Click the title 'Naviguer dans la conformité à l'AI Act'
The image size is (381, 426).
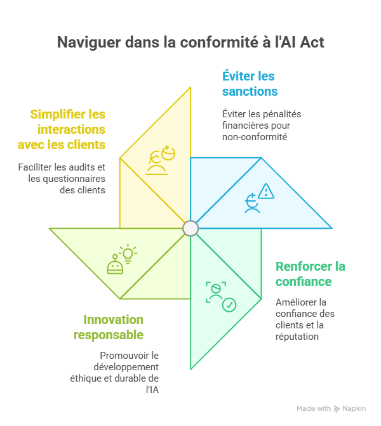tap(190, 42)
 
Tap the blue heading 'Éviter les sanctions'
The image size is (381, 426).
tap(249, 84)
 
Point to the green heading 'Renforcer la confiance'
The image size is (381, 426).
tap(310, 273)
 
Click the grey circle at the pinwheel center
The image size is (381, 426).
tap(190, 228)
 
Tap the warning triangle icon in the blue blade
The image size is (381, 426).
tap(265, 191)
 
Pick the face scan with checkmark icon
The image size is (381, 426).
tap(220, 296)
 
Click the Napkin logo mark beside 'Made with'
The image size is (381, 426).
tap(337, 408)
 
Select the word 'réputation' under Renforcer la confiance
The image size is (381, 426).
tap(297, 337)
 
